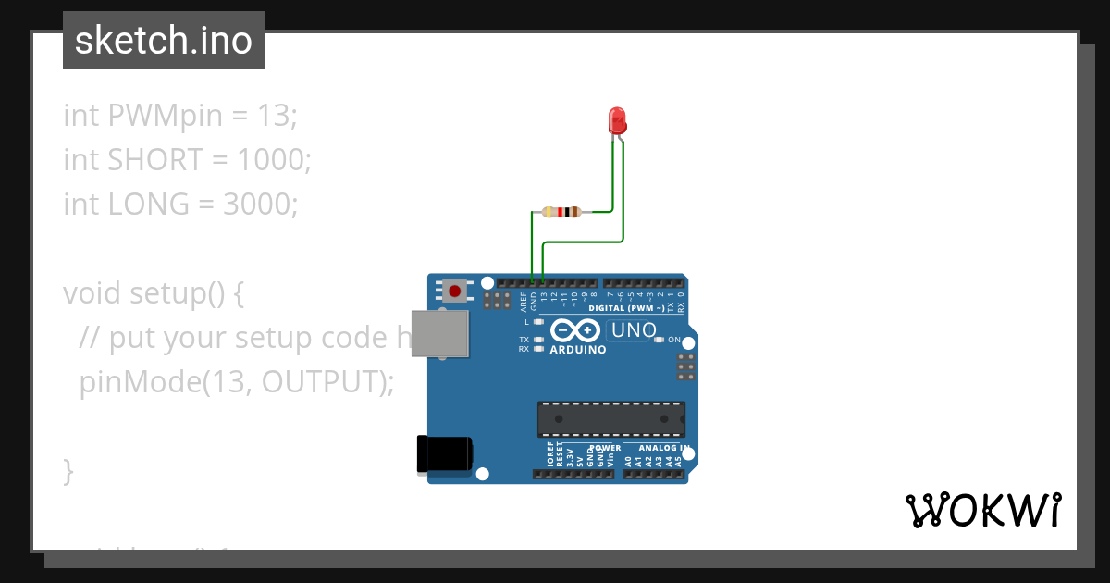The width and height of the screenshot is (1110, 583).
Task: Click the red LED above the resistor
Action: tap(617, 120)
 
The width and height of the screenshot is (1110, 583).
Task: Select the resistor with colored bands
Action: tap(561, 212)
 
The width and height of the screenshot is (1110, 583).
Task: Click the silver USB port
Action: tap(439, 333)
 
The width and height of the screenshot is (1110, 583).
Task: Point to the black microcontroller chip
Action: tap(611, 418)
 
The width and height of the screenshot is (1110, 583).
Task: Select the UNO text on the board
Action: tap(634, 330)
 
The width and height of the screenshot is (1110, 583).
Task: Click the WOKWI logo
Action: tap(982, 510)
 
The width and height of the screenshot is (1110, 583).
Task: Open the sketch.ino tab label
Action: tap(164, 41)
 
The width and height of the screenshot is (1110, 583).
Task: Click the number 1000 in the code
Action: tap(274, 160)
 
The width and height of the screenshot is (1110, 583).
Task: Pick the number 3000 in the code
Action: tap(260, 204)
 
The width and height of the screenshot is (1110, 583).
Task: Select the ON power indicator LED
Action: tap(659, 340)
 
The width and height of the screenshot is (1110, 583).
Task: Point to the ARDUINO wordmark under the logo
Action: tap(578, 350)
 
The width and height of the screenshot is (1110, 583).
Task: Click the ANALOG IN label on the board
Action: tap(658, 448)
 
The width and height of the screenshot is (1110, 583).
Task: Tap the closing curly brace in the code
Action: tap(68, 470)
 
